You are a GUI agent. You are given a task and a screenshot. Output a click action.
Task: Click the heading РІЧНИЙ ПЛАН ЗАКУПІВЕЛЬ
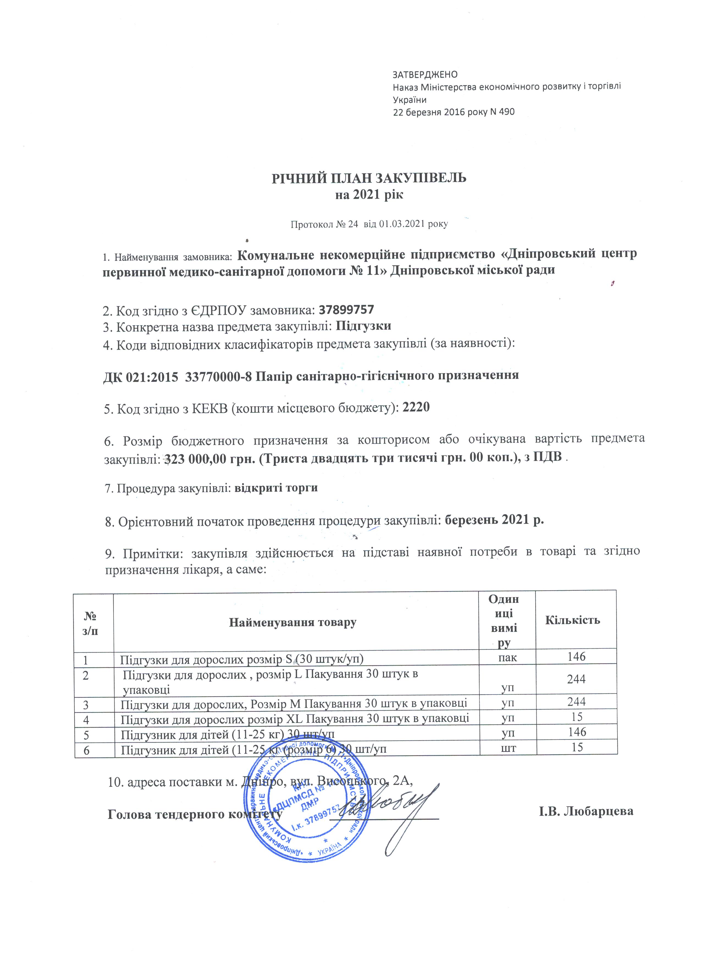click(x=369, y=178)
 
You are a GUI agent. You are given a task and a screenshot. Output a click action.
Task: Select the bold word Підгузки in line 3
click(x=363, y=326)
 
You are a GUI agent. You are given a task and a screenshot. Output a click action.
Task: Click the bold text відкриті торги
click(x=276, y=488)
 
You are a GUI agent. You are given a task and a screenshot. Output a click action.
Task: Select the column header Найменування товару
click(x=292, y=623)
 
